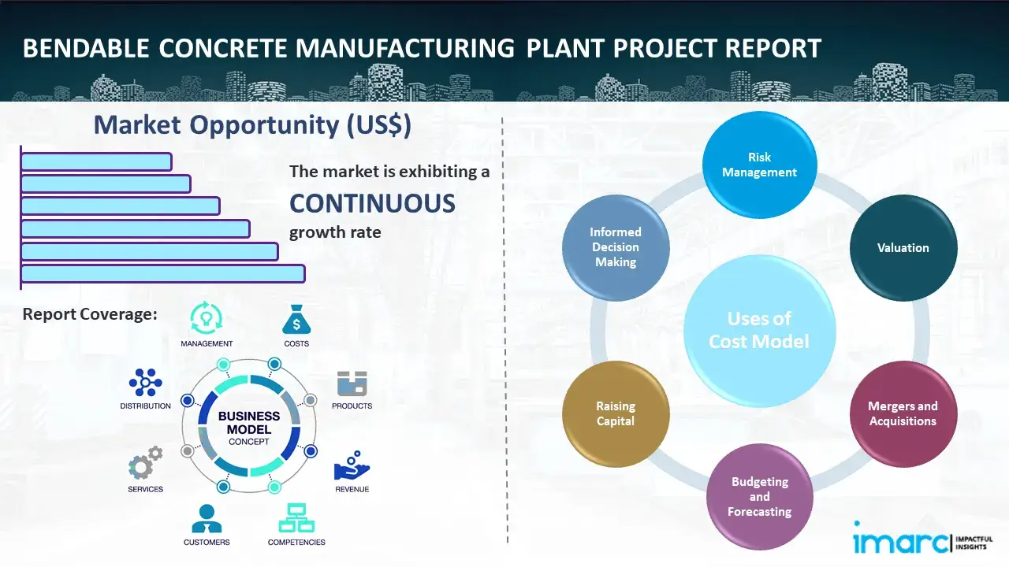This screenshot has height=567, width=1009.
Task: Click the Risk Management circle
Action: pos(759,165)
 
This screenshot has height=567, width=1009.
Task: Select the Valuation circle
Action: pos(903,247)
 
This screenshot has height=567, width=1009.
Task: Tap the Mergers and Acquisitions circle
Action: pos(903,413)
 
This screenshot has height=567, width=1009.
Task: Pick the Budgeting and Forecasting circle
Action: pos(759,496)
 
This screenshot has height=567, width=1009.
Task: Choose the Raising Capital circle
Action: pos(616,413)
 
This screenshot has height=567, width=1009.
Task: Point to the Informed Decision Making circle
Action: pos(616,247)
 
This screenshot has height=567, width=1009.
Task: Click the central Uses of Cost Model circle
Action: pos(759,330)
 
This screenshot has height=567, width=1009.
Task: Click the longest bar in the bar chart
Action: pos(162,273)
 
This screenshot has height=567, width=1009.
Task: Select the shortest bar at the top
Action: pos(96,161)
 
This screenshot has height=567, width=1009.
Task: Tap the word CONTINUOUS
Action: pos(372,203)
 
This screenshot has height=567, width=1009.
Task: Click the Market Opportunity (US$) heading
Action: pos(252,125)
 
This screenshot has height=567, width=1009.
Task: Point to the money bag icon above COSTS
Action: pos(296,320)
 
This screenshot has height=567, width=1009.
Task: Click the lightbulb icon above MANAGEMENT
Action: pos(207,318)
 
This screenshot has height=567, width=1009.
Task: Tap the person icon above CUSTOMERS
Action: pos(207,518)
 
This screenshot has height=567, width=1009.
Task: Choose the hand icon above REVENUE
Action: pos(351,466)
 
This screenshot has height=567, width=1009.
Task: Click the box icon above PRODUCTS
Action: pos(352,384)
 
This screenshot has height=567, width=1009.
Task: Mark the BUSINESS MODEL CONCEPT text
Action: pos(248,428)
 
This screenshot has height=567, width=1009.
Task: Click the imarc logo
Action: pos(898,542)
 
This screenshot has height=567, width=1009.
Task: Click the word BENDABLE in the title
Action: pos(85,49)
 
